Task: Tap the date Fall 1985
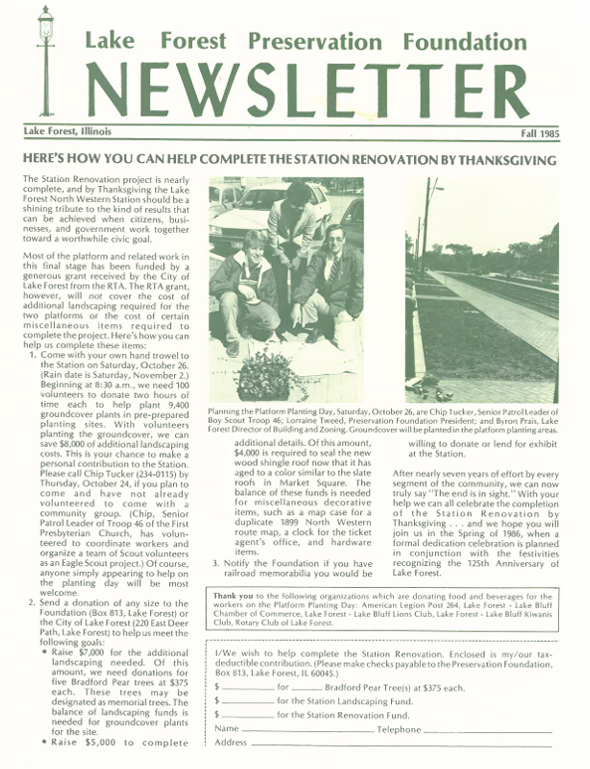(541, 133)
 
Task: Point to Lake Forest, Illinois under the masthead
(69, 132)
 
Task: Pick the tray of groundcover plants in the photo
(265, 375)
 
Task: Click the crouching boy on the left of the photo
(246, 288)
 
